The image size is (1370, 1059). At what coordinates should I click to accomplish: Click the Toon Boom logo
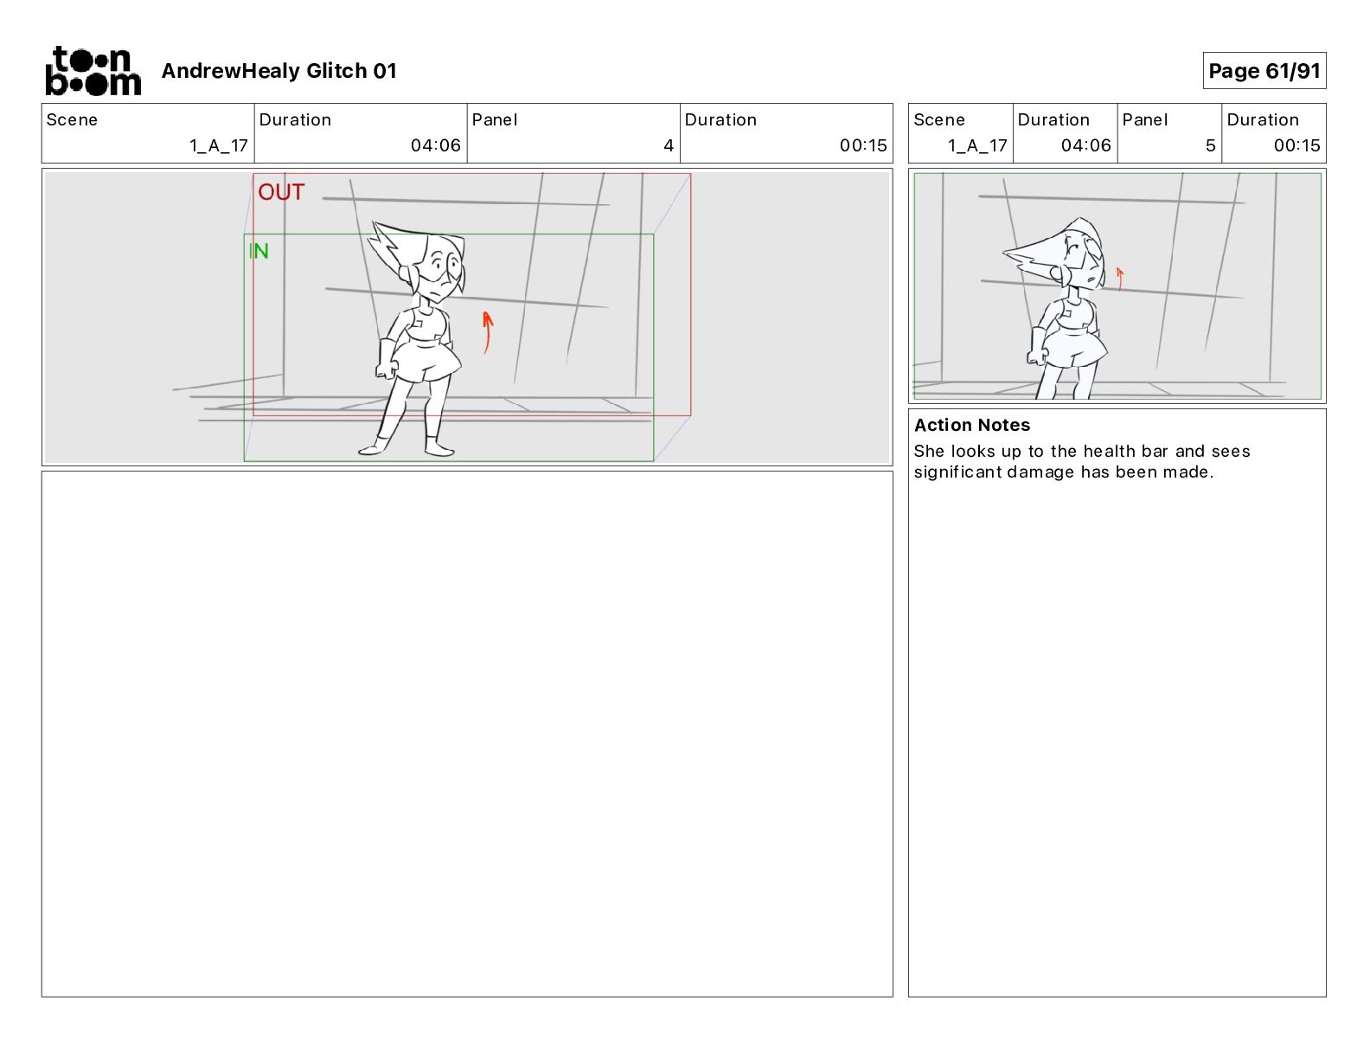click(93, 71)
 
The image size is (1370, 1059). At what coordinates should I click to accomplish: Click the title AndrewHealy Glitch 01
click(278, 71)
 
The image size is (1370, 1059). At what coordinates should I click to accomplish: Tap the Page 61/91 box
click(1264, 71)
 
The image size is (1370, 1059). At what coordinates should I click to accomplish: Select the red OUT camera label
click(281, 192)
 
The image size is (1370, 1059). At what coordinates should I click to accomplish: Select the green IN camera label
click(259, 251)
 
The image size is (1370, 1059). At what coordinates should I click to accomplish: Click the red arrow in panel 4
click(487, 332)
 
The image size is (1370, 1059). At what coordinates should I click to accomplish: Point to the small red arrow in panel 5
click(1120, 279)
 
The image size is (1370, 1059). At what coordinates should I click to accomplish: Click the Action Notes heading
click(971, 425)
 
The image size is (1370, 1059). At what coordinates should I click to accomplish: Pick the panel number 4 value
click(669, 145)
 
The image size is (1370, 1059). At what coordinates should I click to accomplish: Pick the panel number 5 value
click(1210, 145)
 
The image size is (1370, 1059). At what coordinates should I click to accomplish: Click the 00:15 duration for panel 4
click(862, 145)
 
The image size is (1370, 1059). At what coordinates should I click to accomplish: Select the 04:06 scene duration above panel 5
click(1085, 145)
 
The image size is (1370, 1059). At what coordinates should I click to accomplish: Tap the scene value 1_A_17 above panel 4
click(218, 145)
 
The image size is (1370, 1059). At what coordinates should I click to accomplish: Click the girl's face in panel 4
click(441, 270)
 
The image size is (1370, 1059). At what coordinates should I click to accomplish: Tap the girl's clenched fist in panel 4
click(387, 368)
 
